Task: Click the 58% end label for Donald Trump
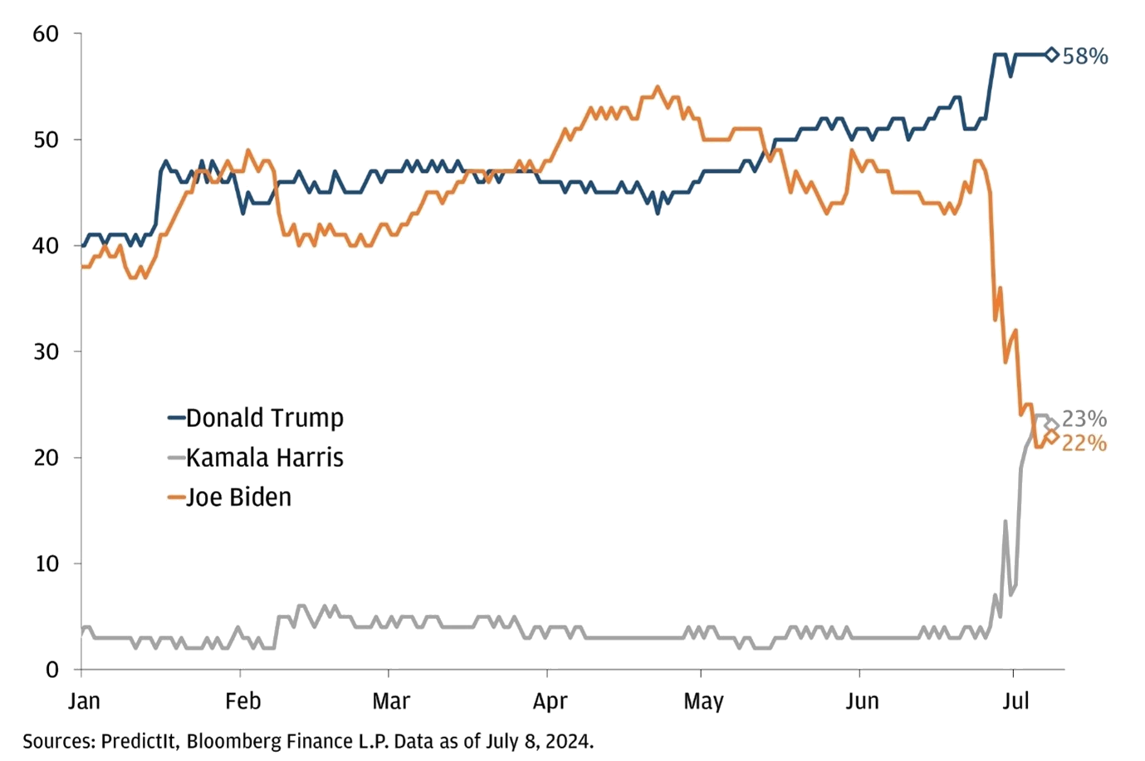pyautogui.click(x=1085, y=56)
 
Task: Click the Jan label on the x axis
pyautogui.click(x=82, y=702)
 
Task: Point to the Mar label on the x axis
pyautogui.click(x=391, y=702)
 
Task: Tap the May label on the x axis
pyautogui.click(x=702, y=702)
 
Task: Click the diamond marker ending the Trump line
pyautogui.click(x=1051, y=55)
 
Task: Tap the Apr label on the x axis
pyautogui.click(x=550, y=702)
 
